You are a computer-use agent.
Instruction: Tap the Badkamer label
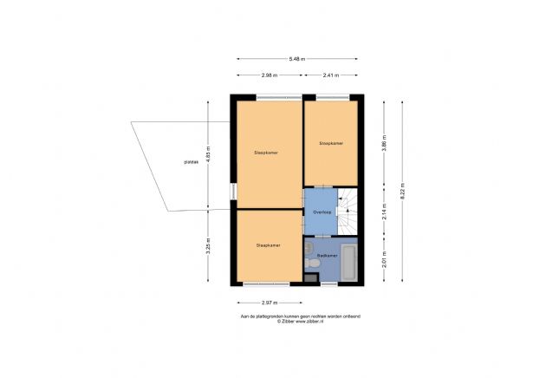(327, 256)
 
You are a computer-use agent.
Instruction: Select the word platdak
(192, 162)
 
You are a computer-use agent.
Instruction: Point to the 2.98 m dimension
(270, 75)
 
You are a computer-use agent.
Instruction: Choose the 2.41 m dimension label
(329, 75)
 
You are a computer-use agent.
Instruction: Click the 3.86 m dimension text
(384, 146)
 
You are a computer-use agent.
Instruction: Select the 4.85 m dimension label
(208, 153)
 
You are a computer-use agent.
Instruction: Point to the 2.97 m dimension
(268, 303)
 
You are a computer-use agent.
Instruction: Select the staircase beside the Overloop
(348, 212)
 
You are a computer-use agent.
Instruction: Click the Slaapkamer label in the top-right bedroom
(330, 143)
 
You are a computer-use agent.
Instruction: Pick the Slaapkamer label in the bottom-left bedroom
(268, 245)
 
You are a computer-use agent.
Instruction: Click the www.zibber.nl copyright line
(300, 321)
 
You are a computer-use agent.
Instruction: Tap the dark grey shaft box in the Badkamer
(311, 278)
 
